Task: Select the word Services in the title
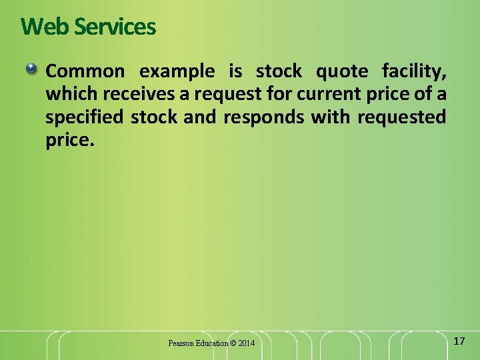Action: [x=115, y=27]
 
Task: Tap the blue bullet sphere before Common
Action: [x=31, y=69]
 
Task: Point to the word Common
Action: [x=85, y=71]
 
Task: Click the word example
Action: [x=177, y=71]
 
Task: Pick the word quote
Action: [x=341, y=71]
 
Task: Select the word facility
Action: [x=413, y=71]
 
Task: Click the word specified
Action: [x=84, y=118]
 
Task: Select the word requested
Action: [x=402, y=118]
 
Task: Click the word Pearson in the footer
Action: [x=181, y=343]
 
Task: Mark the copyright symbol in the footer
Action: [x=233, y=343]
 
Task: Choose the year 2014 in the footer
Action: [x=247, y=343]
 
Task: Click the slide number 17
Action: [x=459, y=341]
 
